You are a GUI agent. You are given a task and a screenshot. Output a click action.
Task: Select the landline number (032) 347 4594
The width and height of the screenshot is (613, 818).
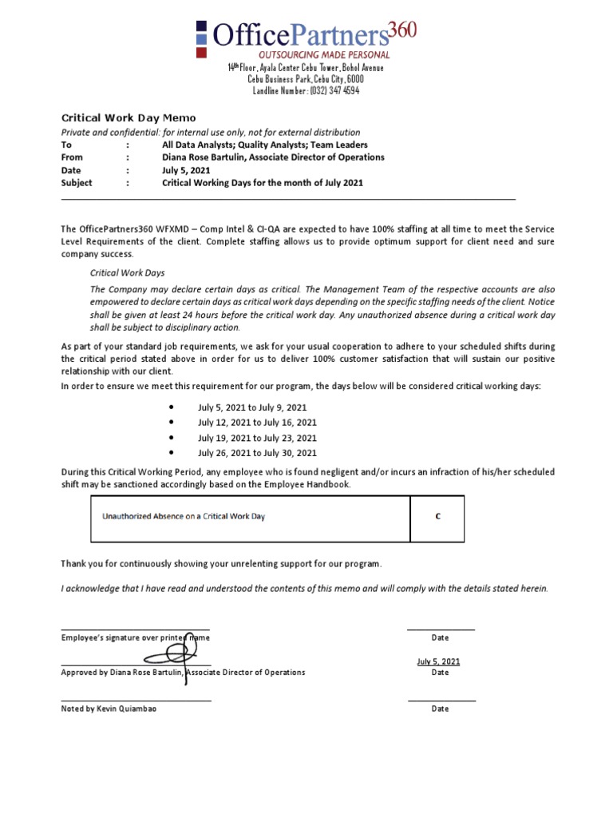click(306, 91)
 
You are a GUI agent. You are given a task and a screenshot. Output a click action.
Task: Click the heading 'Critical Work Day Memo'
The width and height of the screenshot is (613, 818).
click(129, 118)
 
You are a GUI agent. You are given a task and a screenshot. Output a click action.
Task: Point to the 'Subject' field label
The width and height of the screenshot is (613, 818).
click(77, 183)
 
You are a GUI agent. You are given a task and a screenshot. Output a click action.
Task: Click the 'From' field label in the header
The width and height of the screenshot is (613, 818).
click(72, 157)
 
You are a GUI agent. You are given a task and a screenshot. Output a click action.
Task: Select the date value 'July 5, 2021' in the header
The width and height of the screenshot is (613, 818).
click(186, 170)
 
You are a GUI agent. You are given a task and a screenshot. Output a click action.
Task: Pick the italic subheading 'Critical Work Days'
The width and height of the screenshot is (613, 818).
click(127, 272)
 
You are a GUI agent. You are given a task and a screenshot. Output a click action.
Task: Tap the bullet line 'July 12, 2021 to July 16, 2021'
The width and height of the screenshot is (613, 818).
click(257, 423)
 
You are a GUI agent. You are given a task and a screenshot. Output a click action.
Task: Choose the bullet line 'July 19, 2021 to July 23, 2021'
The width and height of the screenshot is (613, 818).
click(257, 438)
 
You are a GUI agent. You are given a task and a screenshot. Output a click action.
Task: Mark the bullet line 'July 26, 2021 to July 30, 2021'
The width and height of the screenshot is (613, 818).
click(257, 453)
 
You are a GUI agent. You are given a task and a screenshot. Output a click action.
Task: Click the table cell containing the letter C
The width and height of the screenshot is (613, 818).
click(437, 517)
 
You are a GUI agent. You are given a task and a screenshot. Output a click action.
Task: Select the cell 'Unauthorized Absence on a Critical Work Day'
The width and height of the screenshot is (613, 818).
click(184, 517)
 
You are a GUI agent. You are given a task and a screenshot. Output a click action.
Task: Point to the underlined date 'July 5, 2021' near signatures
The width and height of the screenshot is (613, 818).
click(438, 661)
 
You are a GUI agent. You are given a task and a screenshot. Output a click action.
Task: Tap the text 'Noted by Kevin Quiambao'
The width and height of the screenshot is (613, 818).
click(104, 709)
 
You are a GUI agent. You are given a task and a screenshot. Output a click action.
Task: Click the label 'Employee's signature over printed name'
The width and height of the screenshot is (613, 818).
click(136, 637)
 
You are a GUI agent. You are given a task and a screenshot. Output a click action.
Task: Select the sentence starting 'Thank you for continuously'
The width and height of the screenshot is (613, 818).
click(221, 564)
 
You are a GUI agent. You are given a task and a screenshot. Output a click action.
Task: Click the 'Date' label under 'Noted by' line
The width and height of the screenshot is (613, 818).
click(440, 709)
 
